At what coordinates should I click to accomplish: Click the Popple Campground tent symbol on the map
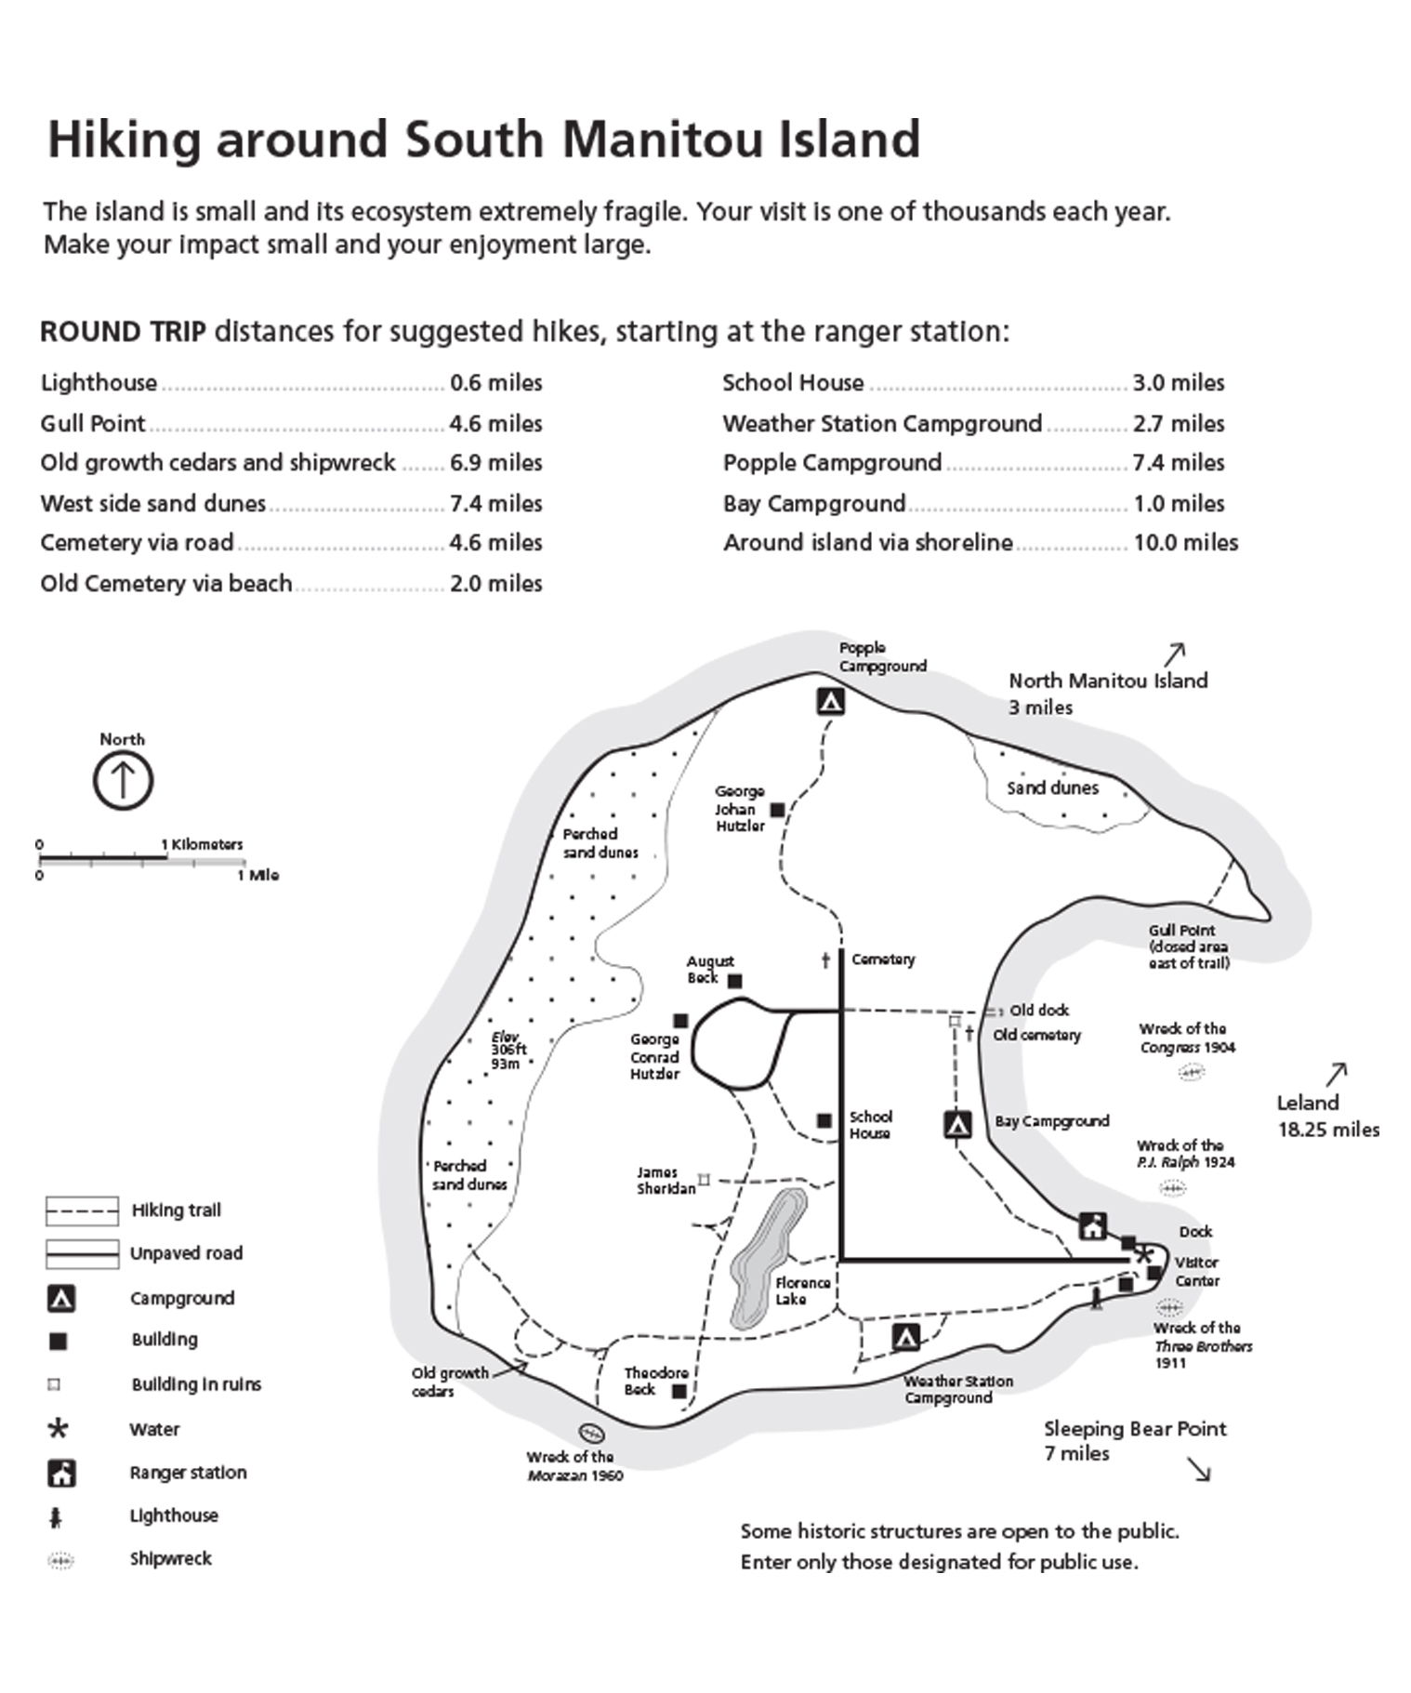(830, 701)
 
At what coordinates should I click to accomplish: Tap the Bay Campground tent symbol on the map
(957, 1125)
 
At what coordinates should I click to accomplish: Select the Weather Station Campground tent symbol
(905, 1338)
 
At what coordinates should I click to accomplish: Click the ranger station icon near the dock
(1093, 1226)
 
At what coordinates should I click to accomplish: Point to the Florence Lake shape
(767, 1256)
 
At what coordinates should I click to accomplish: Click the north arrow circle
(123, 780)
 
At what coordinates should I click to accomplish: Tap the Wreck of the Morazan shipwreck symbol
(591, 1433)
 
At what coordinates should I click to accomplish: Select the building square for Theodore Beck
(679, 1392)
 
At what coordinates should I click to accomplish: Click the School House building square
(824, 1120)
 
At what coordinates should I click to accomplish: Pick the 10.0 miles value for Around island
(1185, 543)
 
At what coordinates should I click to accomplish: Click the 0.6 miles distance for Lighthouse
(495, 383)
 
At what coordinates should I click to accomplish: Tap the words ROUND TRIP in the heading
(123, 332)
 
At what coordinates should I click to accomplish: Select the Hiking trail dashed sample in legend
(82, 1211)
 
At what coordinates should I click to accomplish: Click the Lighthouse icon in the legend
(56, 1518)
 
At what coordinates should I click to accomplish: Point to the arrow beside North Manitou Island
(1175, 654)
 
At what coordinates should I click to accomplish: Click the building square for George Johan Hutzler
(778, 810)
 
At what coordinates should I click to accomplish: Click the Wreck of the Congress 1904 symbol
(1191, 1072)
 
